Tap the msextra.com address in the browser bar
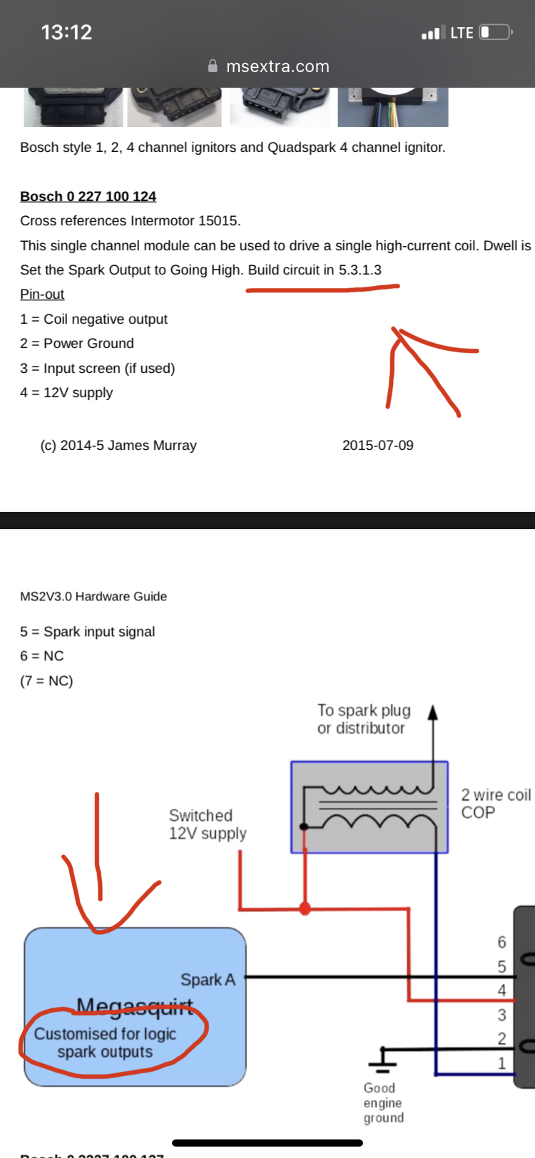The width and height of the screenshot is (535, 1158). pos(277,66)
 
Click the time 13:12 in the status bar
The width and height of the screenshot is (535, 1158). pos(66,32)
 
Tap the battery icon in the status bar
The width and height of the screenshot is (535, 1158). pos(495,32)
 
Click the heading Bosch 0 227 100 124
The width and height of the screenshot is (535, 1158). pos(88,196)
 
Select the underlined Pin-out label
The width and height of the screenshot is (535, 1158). pos(42,294)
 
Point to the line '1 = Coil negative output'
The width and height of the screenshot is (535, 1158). pos(93,319)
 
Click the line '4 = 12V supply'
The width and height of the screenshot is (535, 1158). pos(66,392)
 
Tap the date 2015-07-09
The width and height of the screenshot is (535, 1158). pos(377,445)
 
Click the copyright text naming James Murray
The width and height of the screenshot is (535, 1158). pos(118,445)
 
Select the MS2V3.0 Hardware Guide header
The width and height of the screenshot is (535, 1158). pos(93,596)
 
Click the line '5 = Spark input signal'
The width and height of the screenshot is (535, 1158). pos(87,631)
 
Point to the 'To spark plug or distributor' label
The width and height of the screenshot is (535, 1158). pos(364,719)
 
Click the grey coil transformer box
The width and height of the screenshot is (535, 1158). pos(369,806)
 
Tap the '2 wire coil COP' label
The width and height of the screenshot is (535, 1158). pos(496,804)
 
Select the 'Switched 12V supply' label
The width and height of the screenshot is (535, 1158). pos(207,824)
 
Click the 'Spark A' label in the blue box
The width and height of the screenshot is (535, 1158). pos(208,980)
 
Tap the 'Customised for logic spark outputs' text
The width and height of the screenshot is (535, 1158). pos(105,1042)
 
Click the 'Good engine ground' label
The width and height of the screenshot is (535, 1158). pos(383,1102)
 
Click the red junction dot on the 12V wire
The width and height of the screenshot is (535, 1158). pos(305,908)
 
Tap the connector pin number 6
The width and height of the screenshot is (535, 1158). pos(501,942)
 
